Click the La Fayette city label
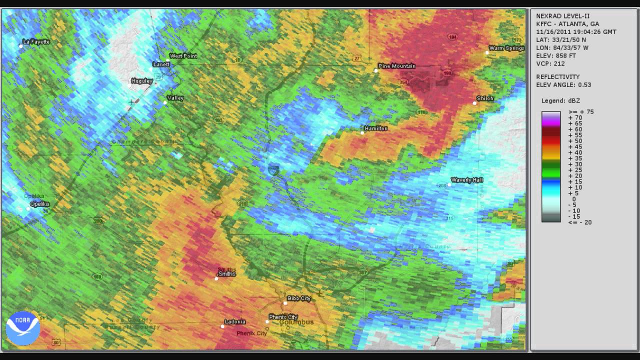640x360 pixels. [37, 42]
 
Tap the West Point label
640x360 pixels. [183, 56]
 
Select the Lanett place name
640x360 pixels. [161, 64]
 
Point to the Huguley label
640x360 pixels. [141, 81]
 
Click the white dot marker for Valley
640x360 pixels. [165, 102]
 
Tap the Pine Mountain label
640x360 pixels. [397, 66]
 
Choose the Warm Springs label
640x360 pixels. [506, 48]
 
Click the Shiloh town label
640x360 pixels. [485, 98]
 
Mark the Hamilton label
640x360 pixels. [376, 128]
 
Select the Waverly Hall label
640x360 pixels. [467, 180]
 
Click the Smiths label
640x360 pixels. [226, 273]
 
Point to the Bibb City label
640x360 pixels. [299, 298]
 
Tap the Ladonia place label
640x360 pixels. [235, 321]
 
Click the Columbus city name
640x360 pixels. [296, 322]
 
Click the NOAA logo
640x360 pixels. [23, 328]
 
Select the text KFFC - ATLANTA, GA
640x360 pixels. [567, 24]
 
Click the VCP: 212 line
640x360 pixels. [550, 64]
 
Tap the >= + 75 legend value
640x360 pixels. [581, 112]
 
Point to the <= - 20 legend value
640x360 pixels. [580, 222]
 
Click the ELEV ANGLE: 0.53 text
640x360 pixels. [563, 85]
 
